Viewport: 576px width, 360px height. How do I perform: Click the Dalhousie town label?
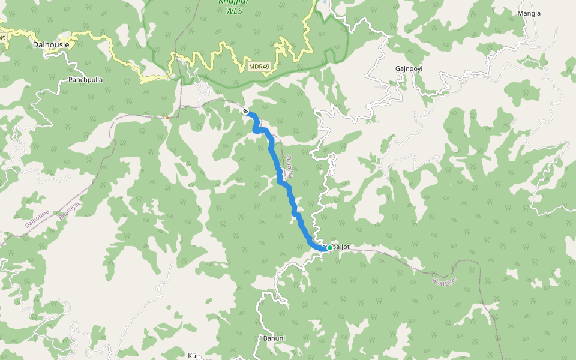(51, 44)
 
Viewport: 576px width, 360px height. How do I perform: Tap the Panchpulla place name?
(86, 79)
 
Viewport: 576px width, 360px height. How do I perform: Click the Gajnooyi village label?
(409, 68)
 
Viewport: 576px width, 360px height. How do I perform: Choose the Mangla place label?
(529, 13)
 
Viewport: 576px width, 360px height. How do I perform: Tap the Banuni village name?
(274, 338)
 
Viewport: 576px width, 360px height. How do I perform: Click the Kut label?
(193, 356)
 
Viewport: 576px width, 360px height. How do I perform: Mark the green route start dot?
(329, 247)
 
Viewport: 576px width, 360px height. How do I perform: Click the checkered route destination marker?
(245, 111)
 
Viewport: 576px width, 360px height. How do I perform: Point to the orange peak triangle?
(167, 117)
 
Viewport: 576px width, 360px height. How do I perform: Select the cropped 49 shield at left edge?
(2, 38)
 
